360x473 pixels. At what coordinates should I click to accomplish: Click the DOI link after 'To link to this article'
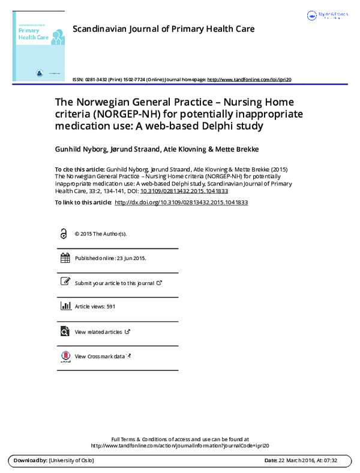tap(181, 203)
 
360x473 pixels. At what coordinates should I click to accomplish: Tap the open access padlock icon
tap(64, 234)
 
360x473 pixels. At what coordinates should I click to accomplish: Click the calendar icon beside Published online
tap(65, 258)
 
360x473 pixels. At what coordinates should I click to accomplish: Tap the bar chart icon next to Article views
tap(65, 306)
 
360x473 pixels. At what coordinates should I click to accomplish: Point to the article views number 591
tap(110, 307)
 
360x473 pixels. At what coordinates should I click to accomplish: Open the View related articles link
tap(98, 332)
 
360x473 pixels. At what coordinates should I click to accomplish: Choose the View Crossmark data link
tap(100, 357)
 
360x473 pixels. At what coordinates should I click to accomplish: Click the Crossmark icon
tap(65, 357)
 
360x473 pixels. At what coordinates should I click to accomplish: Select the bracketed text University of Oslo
tap(71, 460)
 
